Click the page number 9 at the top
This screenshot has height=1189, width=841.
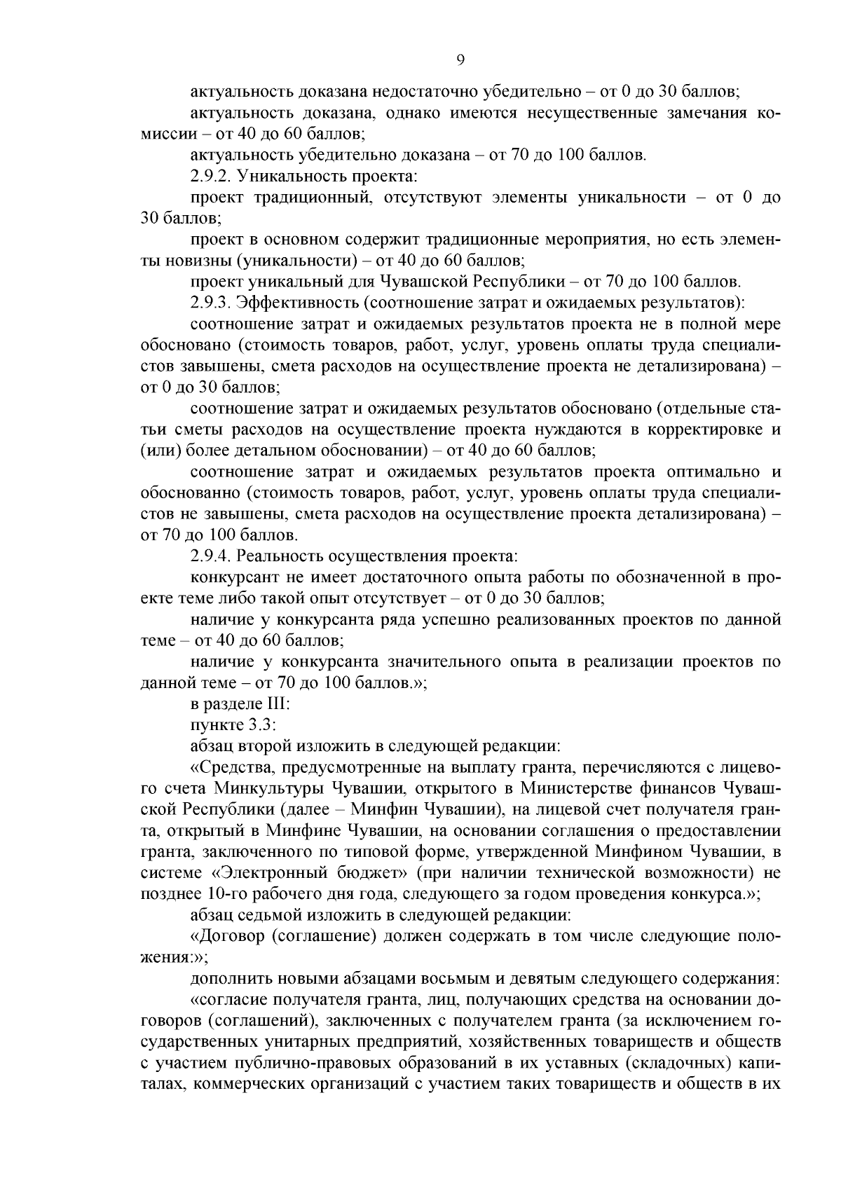point(460,60)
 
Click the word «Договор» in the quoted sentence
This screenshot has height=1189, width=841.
point(225,937)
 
